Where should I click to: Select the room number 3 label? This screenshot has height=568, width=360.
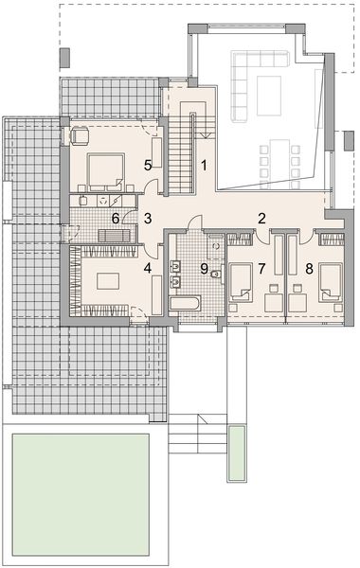click(x=148, y=219)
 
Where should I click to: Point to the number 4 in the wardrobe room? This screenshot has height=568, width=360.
click(x=148, y=268)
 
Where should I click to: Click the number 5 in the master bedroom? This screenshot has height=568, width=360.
click(x=148, y=166)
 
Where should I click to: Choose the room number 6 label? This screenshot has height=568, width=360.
click(x=116, y=219)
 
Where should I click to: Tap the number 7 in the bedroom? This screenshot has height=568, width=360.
click(x=261, y=268)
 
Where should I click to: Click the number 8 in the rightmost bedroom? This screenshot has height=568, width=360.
click(x=310, y=268)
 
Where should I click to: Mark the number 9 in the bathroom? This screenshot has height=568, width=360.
click(x=203, y=268)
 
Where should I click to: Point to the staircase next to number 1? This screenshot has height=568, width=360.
click(x=180, y=147)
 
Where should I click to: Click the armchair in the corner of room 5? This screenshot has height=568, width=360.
click(x=76, y=135)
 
